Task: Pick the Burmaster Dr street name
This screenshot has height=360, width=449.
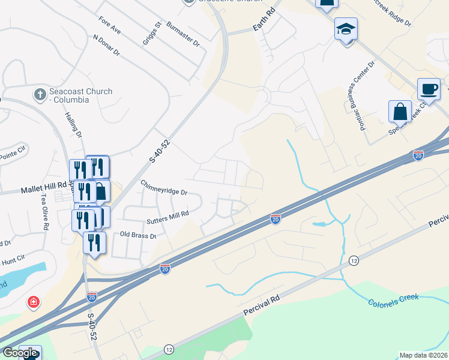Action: click(183, 35)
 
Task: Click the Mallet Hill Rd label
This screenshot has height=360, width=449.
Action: click(46, 189)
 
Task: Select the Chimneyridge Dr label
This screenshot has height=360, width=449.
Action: click(164, 188)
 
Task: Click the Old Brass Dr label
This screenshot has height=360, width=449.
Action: click(138, 235)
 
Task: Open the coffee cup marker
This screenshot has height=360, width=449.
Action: click(428, 89)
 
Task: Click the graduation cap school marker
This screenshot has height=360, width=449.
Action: click(346, 29)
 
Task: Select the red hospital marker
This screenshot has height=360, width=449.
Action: click(34, 302)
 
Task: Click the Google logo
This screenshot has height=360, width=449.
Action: click(20, 353)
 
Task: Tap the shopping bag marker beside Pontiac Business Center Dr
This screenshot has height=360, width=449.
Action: click(400, 112)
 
